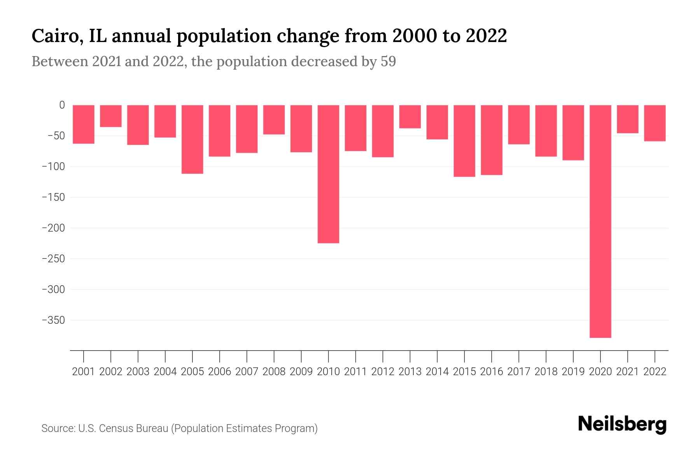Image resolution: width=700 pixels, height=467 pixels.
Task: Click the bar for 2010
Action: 328,174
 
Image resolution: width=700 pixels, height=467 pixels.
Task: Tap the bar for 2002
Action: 111,116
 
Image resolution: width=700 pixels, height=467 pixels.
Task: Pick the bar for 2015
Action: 464,141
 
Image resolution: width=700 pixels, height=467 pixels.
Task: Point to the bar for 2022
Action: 655,123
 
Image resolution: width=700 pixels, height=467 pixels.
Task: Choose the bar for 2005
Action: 192,139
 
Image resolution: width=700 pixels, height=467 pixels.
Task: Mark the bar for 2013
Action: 410,116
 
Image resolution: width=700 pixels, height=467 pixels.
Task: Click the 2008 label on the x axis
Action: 274,372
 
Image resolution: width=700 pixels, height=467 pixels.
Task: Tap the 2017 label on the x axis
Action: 519,372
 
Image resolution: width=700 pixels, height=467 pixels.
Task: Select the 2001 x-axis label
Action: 84,372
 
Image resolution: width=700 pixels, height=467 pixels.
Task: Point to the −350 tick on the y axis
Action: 53,320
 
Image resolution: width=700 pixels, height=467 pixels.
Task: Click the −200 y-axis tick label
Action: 53,228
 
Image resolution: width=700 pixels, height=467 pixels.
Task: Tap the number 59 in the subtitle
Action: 388,61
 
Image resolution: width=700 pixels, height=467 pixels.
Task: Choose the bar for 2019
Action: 573,133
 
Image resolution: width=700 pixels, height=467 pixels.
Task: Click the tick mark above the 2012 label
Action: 383,356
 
